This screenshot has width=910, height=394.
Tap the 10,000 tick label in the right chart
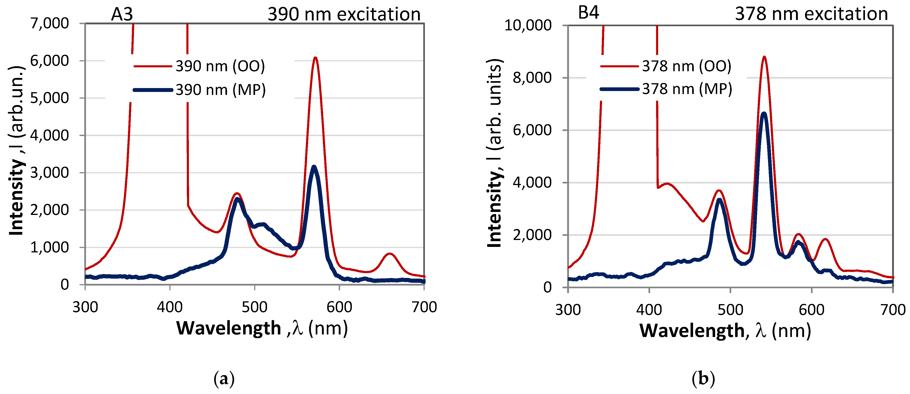pos(528,26)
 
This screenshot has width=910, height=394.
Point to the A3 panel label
pos(122,14)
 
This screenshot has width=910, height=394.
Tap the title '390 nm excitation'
pos(344,14)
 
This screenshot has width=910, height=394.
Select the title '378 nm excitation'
pos(811,14)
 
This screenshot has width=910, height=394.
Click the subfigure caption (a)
pos(224,379)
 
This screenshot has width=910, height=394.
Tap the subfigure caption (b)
pos(703,379)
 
